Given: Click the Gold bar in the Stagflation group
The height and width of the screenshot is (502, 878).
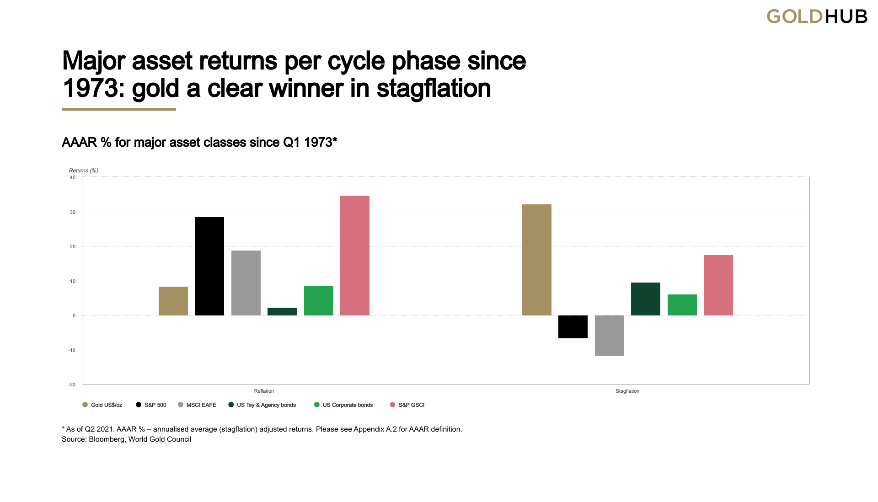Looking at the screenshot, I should (536, 260).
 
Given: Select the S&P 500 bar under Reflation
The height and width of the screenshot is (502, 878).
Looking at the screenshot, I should (209, 266).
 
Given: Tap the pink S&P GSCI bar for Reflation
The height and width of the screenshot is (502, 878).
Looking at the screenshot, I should (355, 256).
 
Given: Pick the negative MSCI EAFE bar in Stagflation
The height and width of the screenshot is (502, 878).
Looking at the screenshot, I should (609, 336).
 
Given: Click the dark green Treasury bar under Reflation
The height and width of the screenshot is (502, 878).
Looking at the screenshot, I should (282, 311).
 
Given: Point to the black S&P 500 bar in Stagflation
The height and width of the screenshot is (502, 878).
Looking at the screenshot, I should (573, 327).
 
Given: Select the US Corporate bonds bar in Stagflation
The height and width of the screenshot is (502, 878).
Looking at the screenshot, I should (682, 305).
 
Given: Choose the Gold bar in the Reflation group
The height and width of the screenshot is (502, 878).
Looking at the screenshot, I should (173, 301).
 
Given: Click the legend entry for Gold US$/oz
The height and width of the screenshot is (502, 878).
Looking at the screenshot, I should (102, 405).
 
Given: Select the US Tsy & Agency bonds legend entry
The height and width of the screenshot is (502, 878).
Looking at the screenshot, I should (262, 405).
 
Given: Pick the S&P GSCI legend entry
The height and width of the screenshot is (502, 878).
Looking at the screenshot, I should (407, 405).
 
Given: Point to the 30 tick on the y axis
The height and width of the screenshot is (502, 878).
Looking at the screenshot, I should (73, 212).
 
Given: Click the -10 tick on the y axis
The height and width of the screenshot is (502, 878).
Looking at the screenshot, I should (72, 351).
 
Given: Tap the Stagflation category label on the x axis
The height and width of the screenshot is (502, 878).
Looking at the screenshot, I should (627, 391).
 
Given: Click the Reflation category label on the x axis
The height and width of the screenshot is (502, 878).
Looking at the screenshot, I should (264, 391).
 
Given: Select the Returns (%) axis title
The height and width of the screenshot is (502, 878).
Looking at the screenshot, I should (84, 171).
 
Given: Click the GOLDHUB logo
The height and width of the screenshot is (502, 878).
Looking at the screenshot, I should (817, 17).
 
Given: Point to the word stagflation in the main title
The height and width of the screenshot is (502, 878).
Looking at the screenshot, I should (434, 88).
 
